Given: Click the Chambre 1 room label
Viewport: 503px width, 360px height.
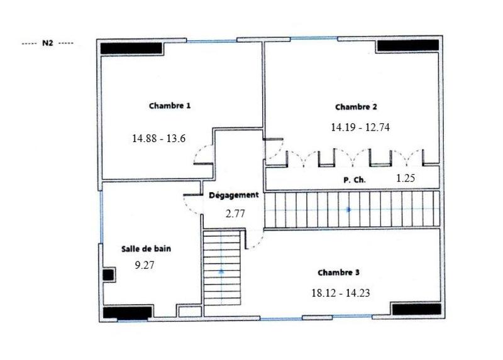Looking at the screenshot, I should click(170, 106).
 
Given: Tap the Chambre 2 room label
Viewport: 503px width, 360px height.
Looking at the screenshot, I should click(357, 107).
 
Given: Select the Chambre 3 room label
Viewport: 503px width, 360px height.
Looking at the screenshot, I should click(338, 273).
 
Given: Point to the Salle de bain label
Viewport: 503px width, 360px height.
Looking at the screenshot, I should click(146, 249).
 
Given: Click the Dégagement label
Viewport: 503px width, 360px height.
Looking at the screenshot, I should click(233, 195).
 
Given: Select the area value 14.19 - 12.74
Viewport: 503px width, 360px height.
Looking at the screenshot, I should click(360, 127).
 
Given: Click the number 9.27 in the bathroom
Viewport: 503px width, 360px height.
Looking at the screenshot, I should click(145, 265).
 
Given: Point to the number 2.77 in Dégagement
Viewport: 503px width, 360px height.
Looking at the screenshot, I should click(235, 214).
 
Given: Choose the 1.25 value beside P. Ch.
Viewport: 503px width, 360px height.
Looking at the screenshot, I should click(406, 178).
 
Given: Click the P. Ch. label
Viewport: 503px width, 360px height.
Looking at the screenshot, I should click(355, 180).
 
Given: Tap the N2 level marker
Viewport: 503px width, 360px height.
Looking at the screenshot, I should click(47, 45).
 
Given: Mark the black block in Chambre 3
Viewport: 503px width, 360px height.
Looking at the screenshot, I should click(416, 309).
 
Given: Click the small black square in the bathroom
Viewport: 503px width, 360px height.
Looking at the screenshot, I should click(108, 275).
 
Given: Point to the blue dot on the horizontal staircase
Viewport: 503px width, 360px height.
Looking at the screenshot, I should click(348, 208).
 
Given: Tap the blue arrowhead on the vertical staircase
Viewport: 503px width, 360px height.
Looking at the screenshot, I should click(221, 271).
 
